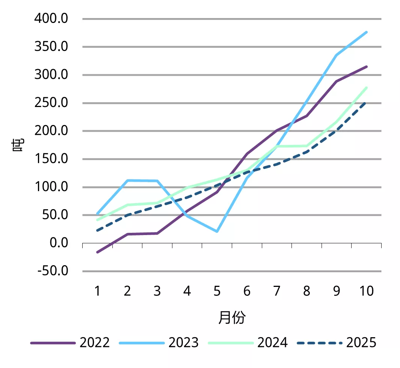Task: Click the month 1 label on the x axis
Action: click(x=97, y=291)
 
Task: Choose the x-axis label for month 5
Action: click(x=217, y=291)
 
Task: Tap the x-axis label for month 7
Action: click(x=277, y=291)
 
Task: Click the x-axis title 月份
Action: click(x=232, y=318)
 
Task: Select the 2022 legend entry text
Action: click(x=95, y=342)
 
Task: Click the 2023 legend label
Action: click(x=183, y=342)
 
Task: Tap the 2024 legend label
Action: click(x=272, y=342)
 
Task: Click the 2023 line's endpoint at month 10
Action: click(x=367, y=32)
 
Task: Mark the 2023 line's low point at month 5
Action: click(x=217, y=232)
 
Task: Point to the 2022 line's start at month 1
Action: click(x=97, y=252)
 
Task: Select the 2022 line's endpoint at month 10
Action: click(x=367, y=66)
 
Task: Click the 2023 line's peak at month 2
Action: click(x=127, y=180)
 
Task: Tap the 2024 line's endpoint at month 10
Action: click(x=367, y=87)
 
